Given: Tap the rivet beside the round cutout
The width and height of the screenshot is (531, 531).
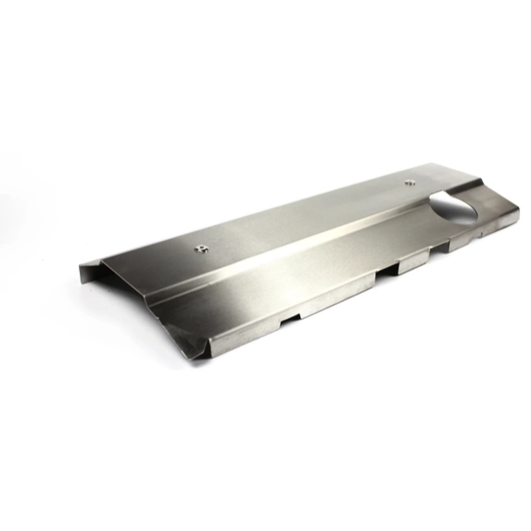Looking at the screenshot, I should [x=411, y=183].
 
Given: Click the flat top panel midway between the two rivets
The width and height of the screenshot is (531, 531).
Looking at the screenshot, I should [x=306, y=214].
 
